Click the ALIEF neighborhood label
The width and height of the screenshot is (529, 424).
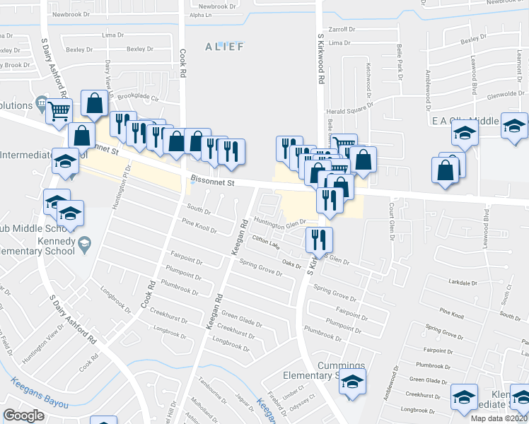[x=224, y=47]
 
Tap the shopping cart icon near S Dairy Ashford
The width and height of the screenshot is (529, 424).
[x=59, y=110]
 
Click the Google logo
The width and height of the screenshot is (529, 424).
[x=23, y=415]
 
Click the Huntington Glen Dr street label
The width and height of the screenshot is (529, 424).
[x=279, y=223]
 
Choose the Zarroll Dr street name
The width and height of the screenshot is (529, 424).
[x=341, y=30]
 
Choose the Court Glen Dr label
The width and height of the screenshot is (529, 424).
[x=390, y=221]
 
